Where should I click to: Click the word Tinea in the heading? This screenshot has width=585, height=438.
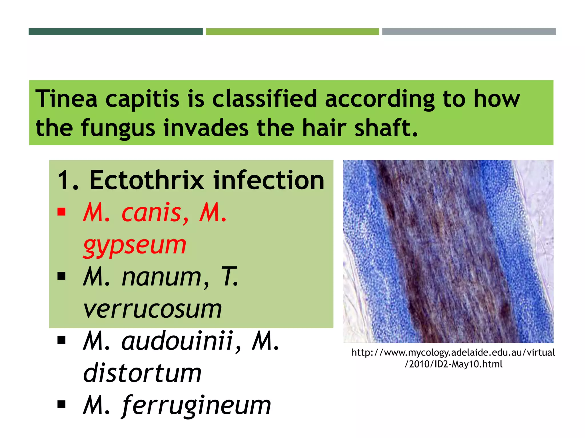tap(66, 99)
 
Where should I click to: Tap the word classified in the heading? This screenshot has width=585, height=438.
tap(265, 99)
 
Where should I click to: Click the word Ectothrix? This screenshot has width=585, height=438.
tap(147, 180)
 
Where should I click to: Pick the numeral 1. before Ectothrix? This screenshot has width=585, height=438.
tap(68, 181)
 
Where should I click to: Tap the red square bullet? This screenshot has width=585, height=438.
tap(61, 212)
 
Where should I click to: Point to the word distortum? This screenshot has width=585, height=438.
tap(142, 373)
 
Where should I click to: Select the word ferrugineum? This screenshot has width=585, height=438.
tap(196, 405)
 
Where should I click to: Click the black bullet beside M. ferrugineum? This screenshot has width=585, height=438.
tap(61, 404)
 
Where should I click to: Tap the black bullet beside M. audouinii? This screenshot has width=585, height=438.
tap(61, 340)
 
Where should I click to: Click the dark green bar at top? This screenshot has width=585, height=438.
tap(115, 32)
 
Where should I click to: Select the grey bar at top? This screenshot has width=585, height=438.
tap(469, 32)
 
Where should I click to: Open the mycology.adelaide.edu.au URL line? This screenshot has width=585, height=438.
tap(453, 353)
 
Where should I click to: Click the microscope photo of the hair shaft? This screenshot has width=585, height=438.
tap(448, 251)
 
